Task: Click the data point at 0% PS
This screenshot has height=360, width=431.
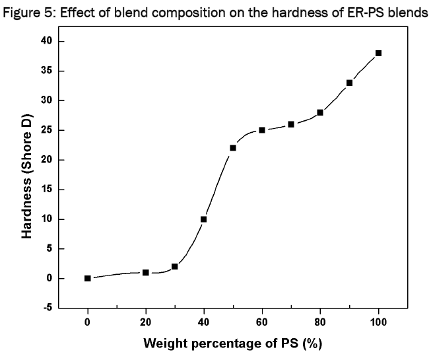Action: (x=88, y=278)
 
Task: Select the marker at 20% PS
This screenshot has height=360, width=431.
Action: (x=146, y=272)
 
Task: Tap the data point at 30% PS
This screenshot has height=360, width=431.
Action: (x=175, y=266)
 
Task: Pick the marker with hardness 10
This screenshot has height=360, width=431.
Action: (x=204, y=219)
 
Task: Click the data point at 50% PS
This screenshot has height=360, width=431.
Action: (x=233, y=148)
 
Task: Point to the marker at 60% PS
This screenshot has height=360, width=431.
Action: (x=262, y=130)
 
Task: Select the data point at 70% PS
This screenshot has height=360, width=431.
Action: (x=291, y=124)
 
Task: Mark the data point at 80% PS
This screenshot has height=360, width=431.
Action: (x=320, y=112)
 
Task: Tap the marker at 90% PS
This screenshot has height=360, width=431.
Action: (x=349, y=83)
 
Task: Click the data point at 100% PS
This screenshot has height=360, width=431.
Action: (x=378, y=53)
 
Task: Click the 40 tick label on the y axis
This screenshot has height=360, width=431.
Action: (x=44, y=42)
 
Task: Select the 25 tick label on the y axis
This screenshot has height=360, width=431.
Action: (x=44, y=130)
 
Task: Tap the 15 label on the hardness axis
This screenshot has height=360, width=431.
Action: (x=44, y=190)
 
